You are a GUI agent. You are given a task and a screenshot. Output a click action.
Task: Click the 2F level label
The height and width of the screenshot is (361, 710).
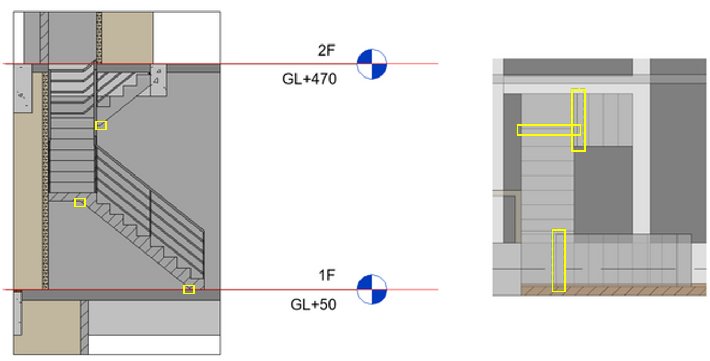[x=326, y=51]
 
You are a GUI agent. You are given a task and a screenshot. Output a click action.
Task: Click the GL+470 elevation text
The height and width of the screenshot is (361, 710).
[x=309, y=80]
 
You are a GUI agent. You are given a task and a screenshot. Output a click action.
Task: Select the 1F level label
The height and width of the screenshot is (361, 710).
[x=326, y=276]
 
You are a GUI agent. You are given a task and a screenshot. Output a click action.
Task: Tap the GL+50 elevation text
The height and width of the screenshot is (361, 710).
[x=313, y=304]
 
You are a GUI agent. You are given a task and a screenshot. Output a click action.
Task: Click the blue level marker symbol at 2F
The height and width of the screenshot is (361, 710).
[x=372, y=64]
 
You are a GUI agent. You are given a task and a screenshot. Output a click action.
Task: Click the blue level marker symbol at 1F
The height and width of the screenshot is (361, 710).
[x=372, y=289]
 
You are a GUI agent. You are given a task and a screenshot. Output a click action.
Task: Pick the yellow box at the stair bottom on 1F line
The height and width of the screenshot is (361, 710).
[x=189, y=289]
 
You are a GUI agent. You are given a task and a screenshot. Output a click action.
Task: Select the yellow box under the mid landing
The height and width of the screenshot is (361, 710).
[x=80, y=202]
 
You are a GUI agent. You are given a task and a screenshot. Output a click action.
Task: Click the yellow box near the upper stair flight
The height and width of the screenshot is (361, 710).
[x=101, y=125]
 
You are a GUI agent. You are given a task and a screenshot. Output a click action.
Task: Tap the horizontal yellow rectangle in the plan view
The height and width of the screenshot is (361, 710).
[x=549, y=130]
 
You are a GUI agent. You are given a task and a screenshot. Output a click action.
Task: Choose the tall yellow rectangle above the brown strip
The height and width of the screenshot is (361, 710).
[x=558, y=260]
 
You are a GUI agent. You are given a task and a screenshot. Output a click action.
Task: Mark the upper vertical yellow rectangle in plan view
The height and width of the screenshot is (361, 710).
[x=578, y=120]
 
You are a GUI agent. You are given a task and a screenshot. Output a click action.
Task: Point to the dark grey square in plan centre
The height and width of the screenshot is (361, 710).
[x=603, y=190]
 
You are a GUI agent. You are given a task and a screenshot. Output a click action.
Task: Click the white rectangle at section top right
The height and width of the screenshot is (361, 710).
[x=186, y=37]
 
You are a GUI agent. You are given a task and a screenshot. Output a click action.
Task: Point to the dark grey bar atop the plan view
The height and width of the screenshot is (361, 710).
[x=567, y=67]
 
